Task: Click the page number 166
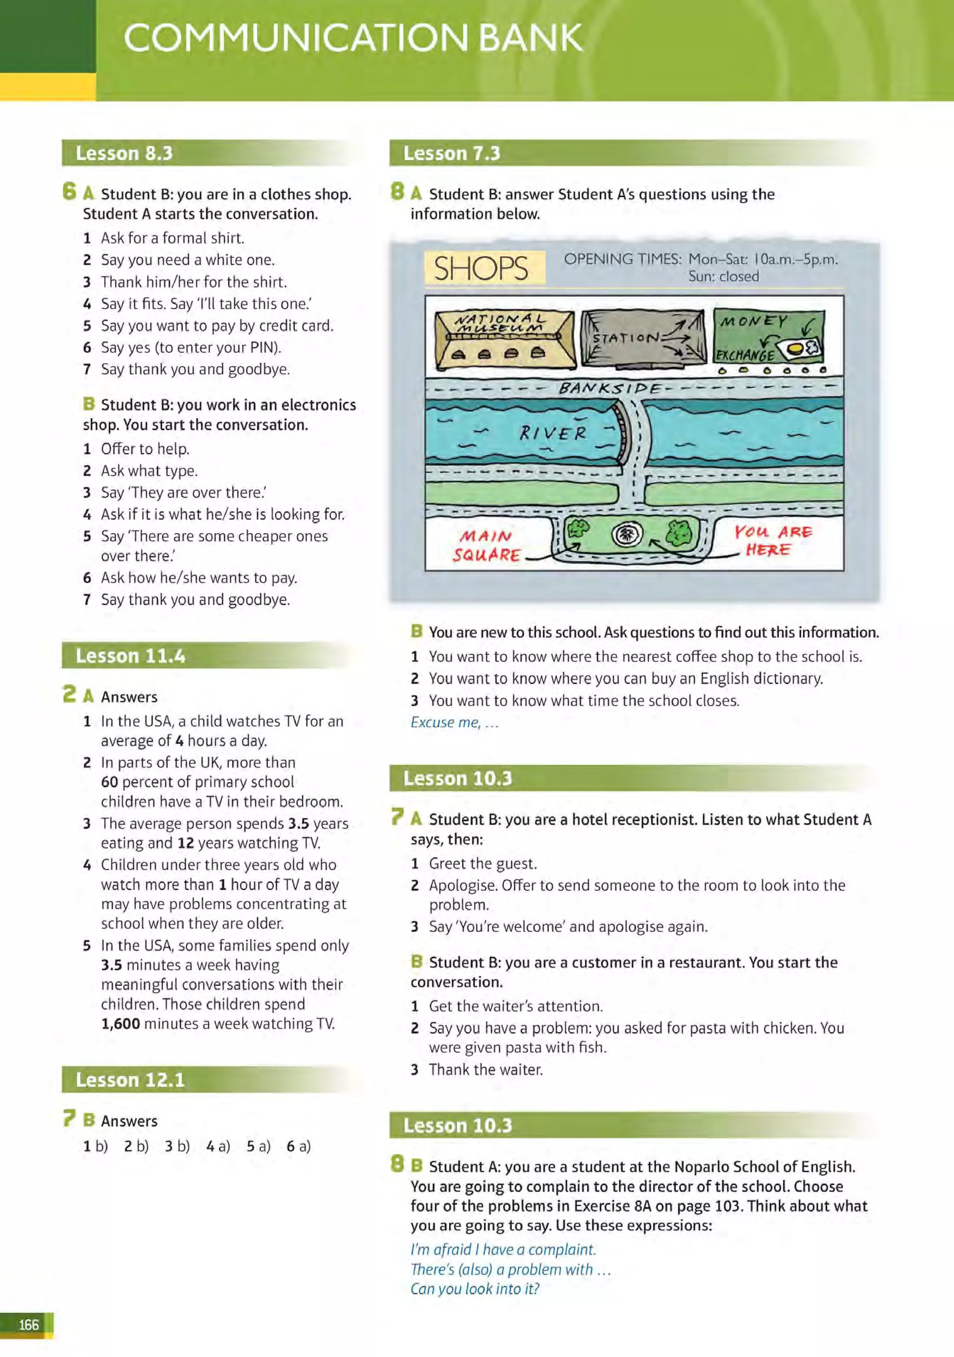tap(28, 1324)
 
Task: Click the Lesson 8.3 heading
tap(124, 153)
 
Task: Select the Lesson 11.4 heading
tap(130, 656)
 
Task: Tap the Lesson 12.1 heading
tap(130, 1080)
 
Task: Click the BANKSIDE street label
tap(609, 388)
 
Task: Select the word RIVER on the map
tap(553, 433)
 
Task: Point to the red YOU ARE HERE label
tap(773, 540)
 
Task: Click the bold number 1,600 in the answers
tap(121, 1024)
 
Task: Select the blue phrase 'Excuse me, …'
tap(454, 722)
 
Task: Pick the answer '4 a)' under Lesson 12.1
tap(218, 1146)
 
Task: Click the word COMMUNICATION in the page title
tap(297, 38)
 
